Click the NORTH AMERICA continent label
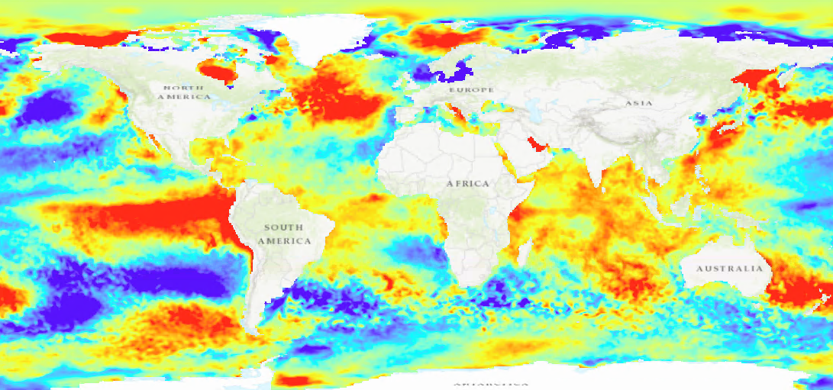[x=183, y=92]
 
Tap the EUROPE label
[x=471, y=90]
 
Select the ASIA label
[x=638, y=103]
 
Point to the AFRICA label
[x=468, y=184]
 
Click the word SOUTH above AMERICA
[x=283, y=227]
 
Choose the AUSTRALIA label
[x=729, y=269]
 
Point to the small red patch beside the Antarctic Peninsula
[x=292, y=379]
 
